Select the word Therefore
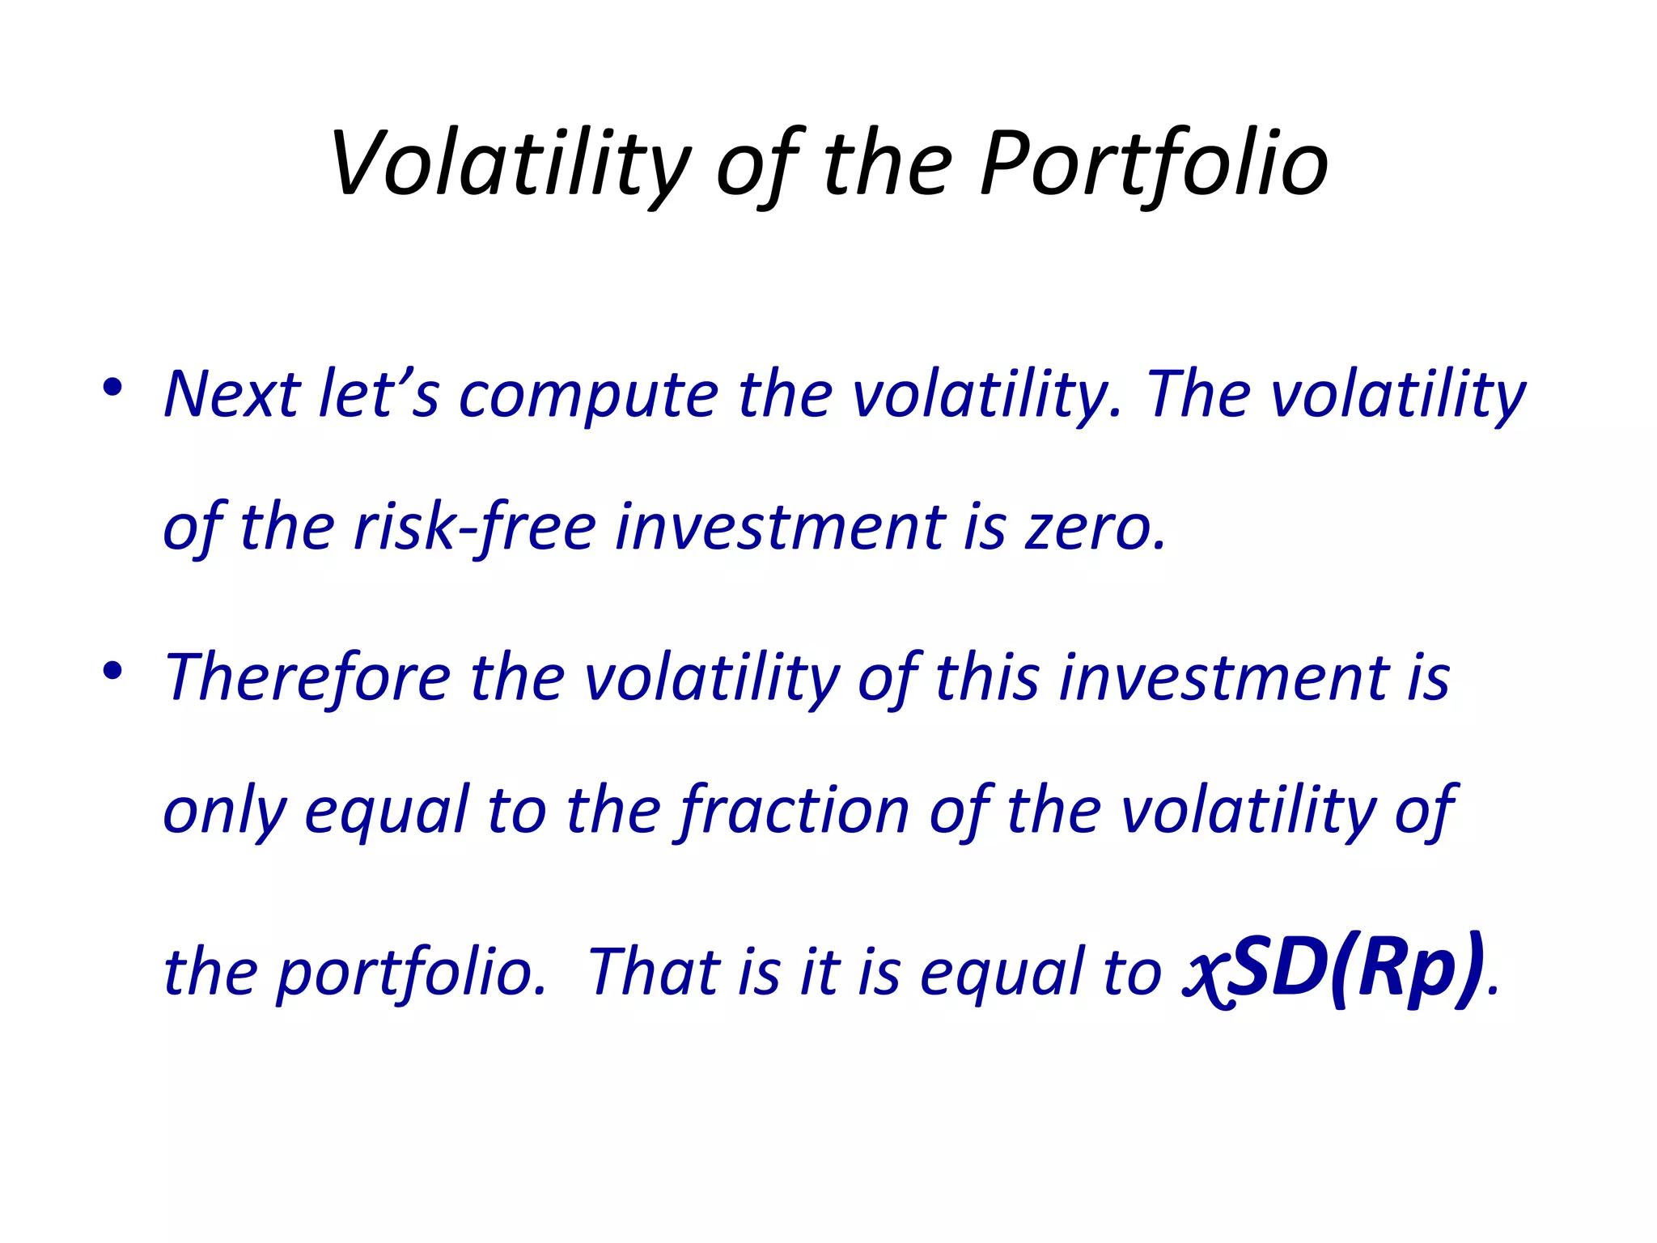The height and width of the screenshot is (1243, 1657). tap(307, 677)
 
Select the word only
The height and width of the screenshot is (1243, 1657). tap(224, 812)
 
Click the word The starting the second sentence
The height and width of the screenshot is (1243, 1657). tap(1199, 394)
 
